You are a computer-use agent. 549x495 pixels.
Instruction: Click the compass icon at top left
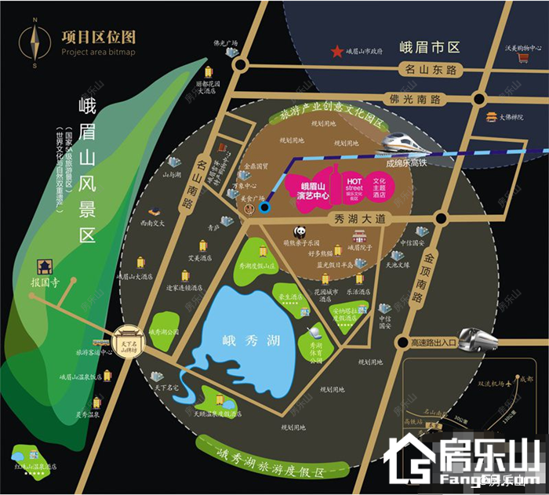point(35,43)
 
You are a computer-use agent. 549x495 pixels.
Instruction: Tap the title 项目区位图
point(97,36)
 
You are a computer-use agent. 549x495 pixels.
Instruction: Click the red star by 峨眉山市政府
point(337,52)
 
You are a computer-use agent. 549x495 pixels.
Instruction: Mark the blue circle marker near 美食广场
point(264,208)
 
